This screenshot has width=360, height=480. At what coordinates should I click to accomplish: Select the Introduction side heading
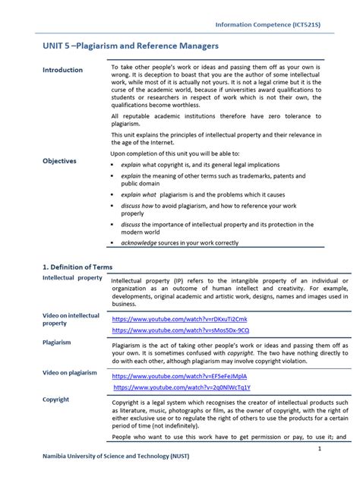click(62, 70)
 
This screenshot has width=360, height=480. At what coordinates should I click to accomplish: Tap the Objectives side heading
click(59, 161)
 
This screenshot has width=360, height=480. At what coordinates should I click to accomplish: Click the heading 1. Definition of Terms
click(77, 267)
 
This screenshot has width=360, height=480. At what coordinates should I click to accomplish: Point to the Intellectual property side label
click(72, 278)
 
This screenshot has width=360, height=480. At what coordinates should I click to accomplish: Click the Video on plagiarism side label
click(70, 373)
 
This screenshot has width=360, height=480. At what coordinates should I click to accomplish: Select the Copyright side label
click(55, 399)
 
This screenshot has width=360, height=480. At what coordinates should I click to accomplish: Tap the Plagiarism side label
click(57, 343)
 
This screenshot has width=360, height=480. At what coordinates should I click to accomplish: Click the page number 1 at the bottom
click(320, 449)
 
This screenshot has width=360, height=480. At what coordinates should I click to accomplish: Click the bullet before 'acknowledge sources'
click(114, 243)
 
